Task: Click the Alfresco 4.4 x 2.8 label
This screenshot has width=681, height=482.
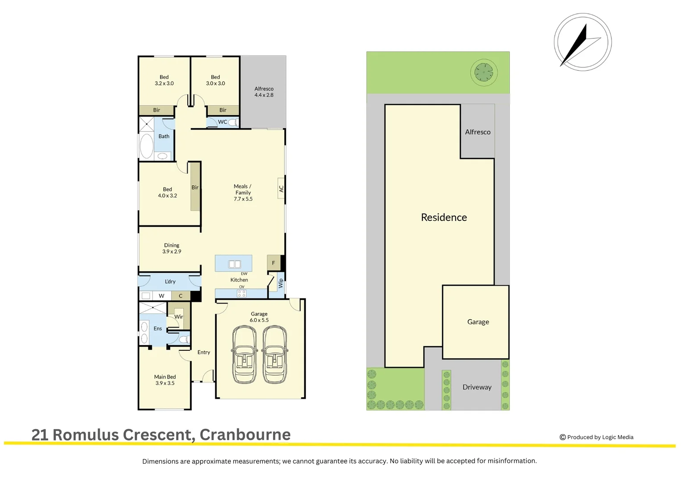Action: pos(264,91)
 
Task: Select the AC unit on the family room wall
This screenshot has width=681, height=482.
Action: pos(281,188)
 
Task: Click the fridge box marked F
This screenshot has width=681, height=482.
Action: pos(274,263)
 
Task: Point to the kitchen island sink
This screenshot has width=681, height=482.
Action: pos(234,264)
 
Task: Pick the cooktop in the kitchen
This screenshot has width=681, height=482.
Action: pos(242,294)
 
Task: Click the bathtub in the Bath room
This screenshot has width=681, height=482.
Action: pos(147,146)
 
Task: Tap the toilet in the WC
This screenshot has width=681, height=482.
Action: pos(234,122)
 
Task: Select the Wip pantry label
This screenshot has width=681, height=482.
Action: pos(281,283)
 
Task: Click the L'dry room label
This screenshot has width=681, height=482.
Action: pos(170,282)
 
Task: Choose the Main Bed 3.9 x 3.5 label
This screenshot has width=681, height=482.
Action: pos(165,380)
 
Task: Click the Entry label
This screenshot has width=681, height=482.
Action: pos(204,352)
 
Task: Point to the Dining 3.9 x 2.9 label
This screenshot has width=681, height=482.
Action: pos(172,248)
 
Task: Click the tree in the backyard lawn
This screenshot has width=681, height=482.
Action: pos(484,72)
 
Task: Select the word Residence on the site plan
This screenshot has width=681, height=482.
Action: pos(444,217)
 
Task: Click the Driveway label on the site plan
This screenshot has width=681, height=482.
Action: pos(477,387)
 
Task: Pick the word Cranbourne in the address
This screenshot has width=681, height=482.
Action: pos(245,435)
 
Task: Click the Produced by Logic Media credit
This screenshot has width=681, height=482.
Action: pos(596,437)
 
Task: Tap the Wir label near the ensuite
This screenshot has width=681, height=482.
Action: pos(179,317)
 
